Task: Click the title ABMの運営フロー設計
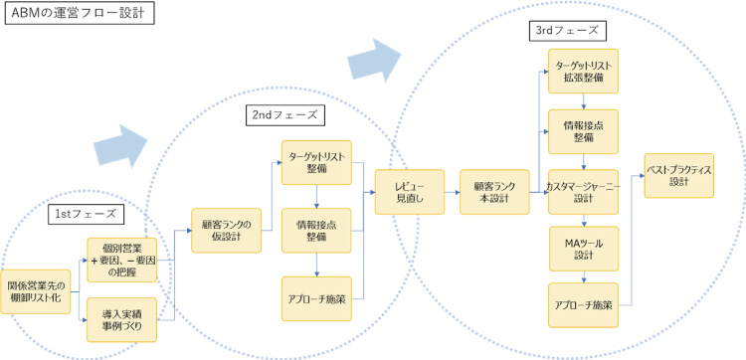[x=77, y=14]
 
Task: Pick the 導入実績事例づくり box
[x=122, y=319]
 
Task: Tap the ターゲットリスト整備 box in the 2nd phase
[x=316, y=162]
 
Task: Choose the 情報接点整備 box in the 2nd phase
[x=316, y=230]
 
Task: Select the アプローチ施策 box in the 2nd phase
[x=316, y=298]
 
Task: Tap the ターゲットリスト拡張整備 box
[x=583, y=71]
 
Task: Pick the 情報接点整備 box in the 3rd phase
[x=583, y=131]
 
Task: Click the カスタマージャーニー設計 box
[x=583, y=191]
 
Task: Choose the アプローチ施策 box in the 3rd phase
[x=583, y=305]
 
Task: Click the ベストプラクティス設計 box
[x=679, y=175]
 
